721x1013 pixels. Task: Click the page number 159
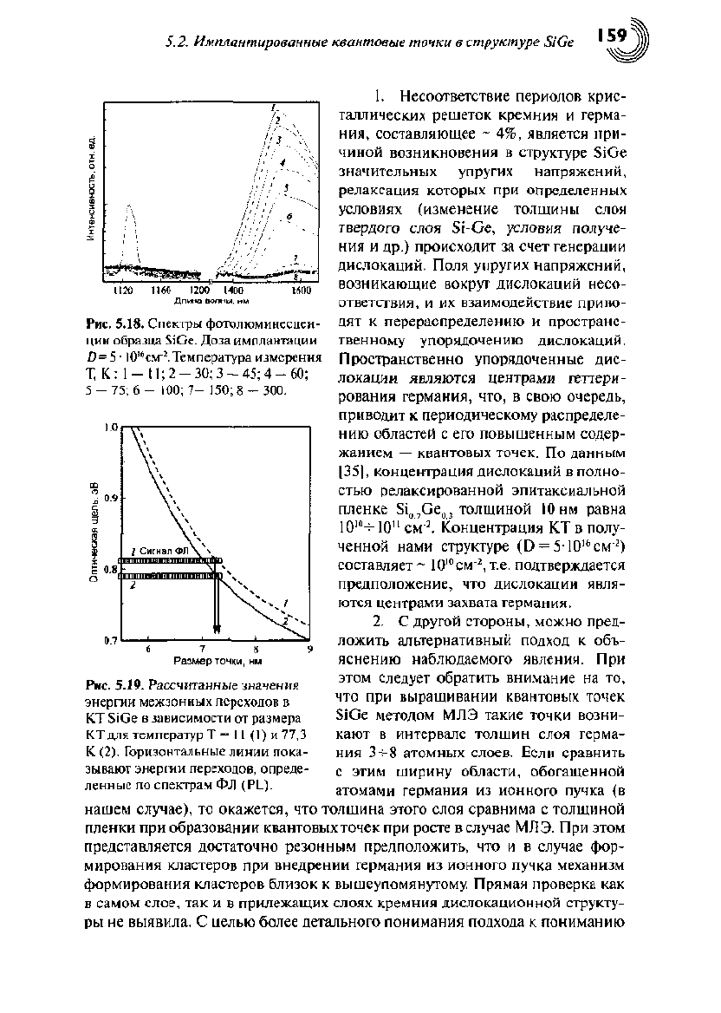[x=611, y=35]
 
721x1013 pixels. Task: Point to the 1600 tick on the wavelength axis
[x=300, y=291]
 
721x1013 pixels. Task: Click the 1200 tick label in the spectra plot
[x=200, y=291]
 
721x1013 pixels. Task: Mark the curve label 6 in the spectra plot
[x=290, y=216]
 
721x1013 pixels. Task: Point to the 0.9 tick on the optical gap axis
[x=111, y=499]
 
